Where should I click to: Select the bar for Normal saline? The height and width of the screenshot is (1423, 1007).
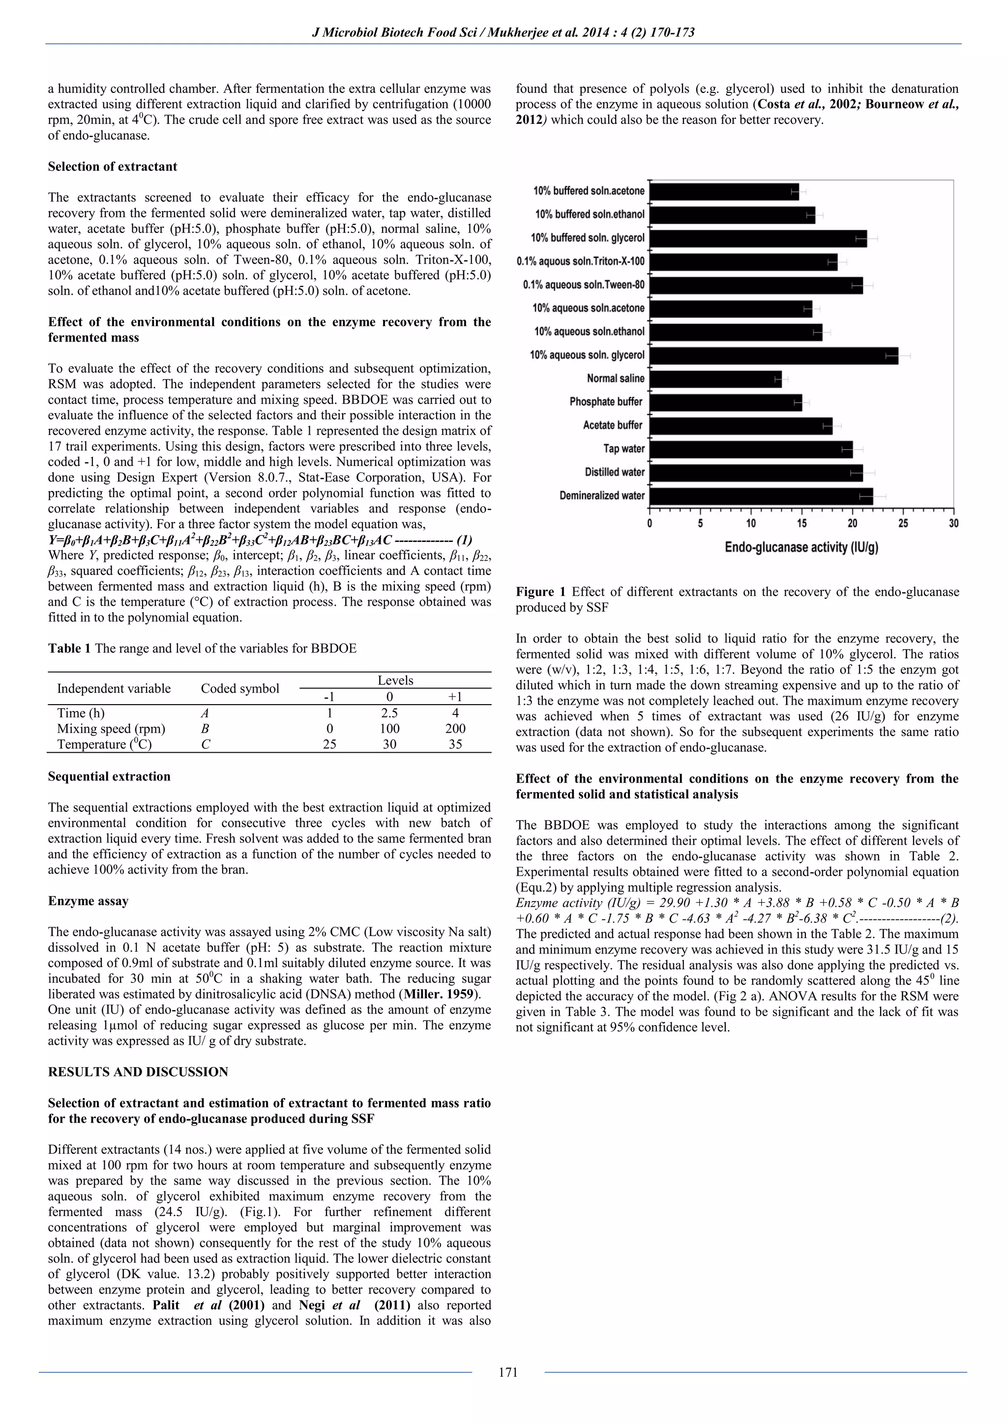coord(715,379)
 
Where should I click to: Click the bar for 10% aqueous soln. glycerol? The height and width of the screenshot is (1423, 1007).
coord(773,356)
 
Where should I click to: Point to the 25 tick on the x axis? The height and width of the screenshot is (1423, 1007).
coord(903,523)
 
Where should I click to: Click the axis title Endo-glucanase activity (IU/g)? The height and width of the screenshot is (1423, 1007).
coord(801,547)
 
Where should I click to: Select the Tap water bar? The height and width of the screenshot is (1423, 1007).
coord(750,449)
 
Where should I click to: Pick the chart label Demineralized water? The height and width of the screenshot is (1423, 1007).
coord(601,496)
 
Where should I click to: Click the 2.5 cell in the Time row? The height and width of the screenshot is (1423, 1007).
coord(389,713)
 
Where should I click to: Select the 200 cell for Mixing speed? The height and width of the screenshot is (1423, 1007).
coord(455,729)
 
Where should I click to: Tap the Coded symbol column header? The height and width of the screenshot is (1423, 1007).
coord(240,688)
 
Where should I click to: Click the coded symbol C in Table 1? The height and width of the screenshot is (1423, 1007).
coord(205,744)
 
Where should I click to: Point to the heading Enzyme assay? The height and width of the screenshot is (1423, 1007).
coord(88,901)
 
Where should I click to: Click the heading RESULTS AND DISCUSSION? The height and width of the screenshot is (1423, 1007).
coord(138,1072)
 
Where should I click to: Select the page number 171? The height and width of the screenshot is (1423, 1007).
coord(508,1372)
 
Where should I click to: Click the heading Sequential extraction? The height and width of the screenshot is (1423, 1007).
coord(109,776)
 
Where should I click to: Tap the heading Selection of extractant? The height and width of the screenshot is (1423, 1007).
coord(112,167)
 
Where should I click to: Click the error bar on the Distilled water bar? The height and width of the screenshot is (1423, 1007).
coord(866,473)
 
